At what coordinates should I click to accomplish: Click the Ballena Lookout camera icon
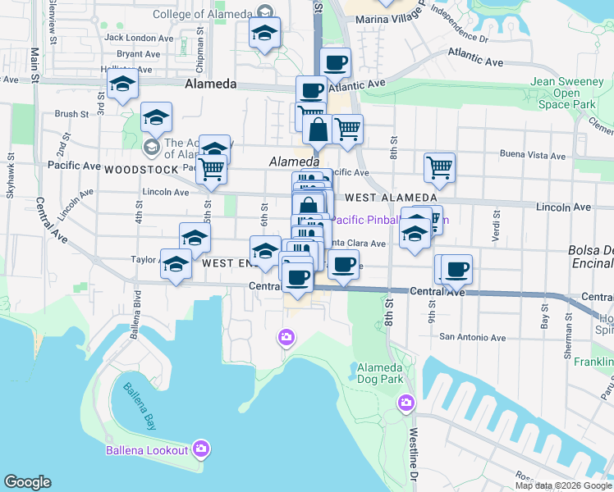[201, 449]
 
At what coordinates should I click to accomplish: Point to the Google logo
[27, 482]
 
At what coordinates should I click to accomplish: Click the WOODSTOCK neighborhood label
[141, 170]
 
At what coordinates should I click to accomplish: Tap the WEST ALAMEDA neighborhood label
[391, 198]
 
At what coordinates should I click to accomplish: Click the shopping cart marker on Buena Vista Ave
[439, 166]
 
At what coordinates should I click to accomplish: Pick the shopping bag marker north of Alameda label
[317, 129]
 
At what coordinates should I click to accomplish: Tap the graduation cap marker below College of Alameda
[264, 34]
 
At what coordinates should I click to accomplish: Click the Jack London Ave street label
[139, 38]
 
